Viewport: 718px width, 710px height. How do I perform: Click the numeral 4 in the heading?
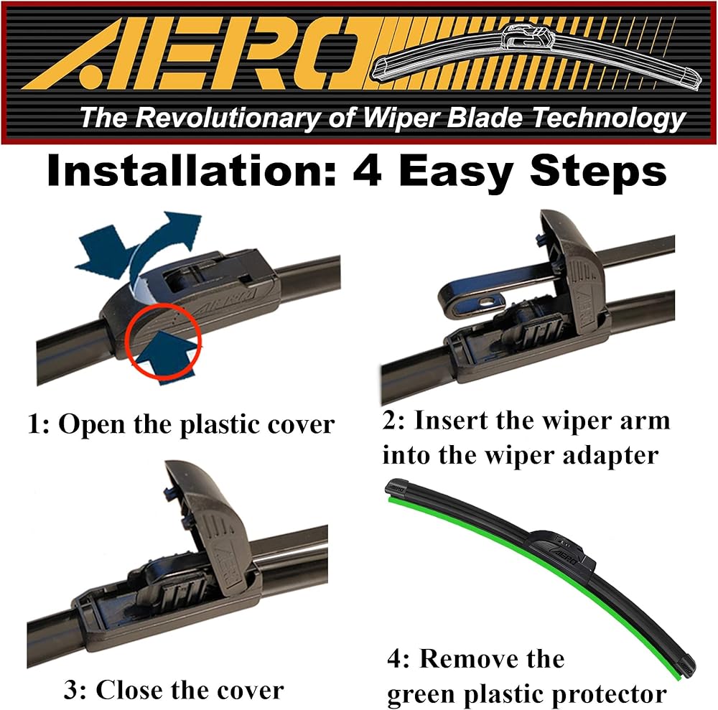click(x=368, y=171)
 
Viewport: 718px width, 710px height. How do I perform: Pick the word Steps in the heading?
click(x=598, y=172)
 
